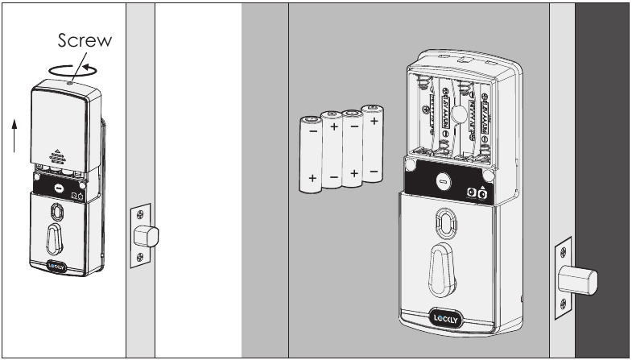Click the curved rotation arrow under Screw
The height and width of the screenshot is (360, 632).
(x=68, y=69)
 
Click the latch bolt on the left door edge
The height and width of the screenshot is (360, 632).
(x=148, y=235)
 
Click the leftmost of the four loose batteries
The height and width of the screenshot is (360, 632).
(x=310, y=154)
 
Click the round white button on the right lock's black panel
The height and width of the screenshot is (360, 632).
(x=441, y=183)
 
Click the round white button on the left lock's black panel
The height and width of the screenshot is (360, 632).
(x=59, y=187)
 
